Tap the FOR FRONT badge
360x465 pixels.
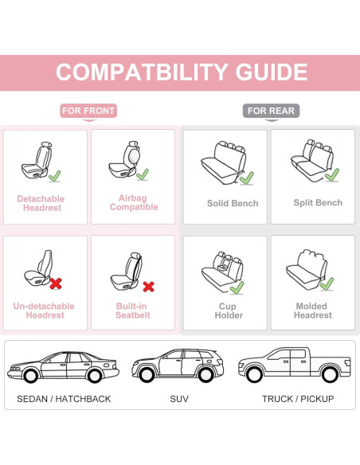88,111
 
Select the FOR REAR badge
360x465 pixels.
271,111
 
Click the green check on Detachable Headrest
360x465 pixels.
54,175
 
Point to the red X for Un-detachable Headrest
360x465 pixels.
57,283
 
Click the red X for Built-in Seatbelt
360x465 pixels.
148,286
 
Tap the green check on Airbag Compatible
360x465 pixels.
142,174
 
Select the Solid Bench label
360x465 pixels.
233,203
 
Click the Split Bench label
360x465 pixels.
318,203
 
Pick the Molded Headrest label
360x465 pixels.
312,311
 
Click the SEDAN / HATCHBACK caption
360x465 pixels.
64,398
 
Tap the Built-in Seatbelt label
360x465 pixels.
133,311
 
